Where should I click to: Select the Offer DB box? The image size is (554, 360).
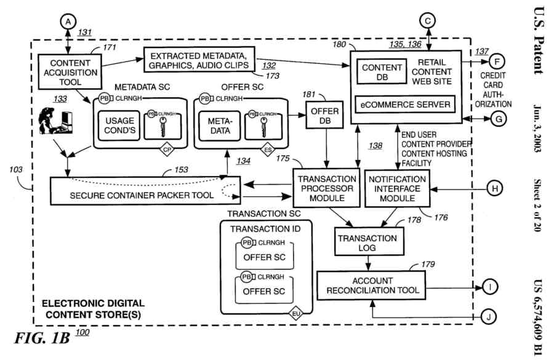(325, 115)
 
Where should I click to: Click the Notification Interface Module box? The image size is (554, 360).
(395, 188)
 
